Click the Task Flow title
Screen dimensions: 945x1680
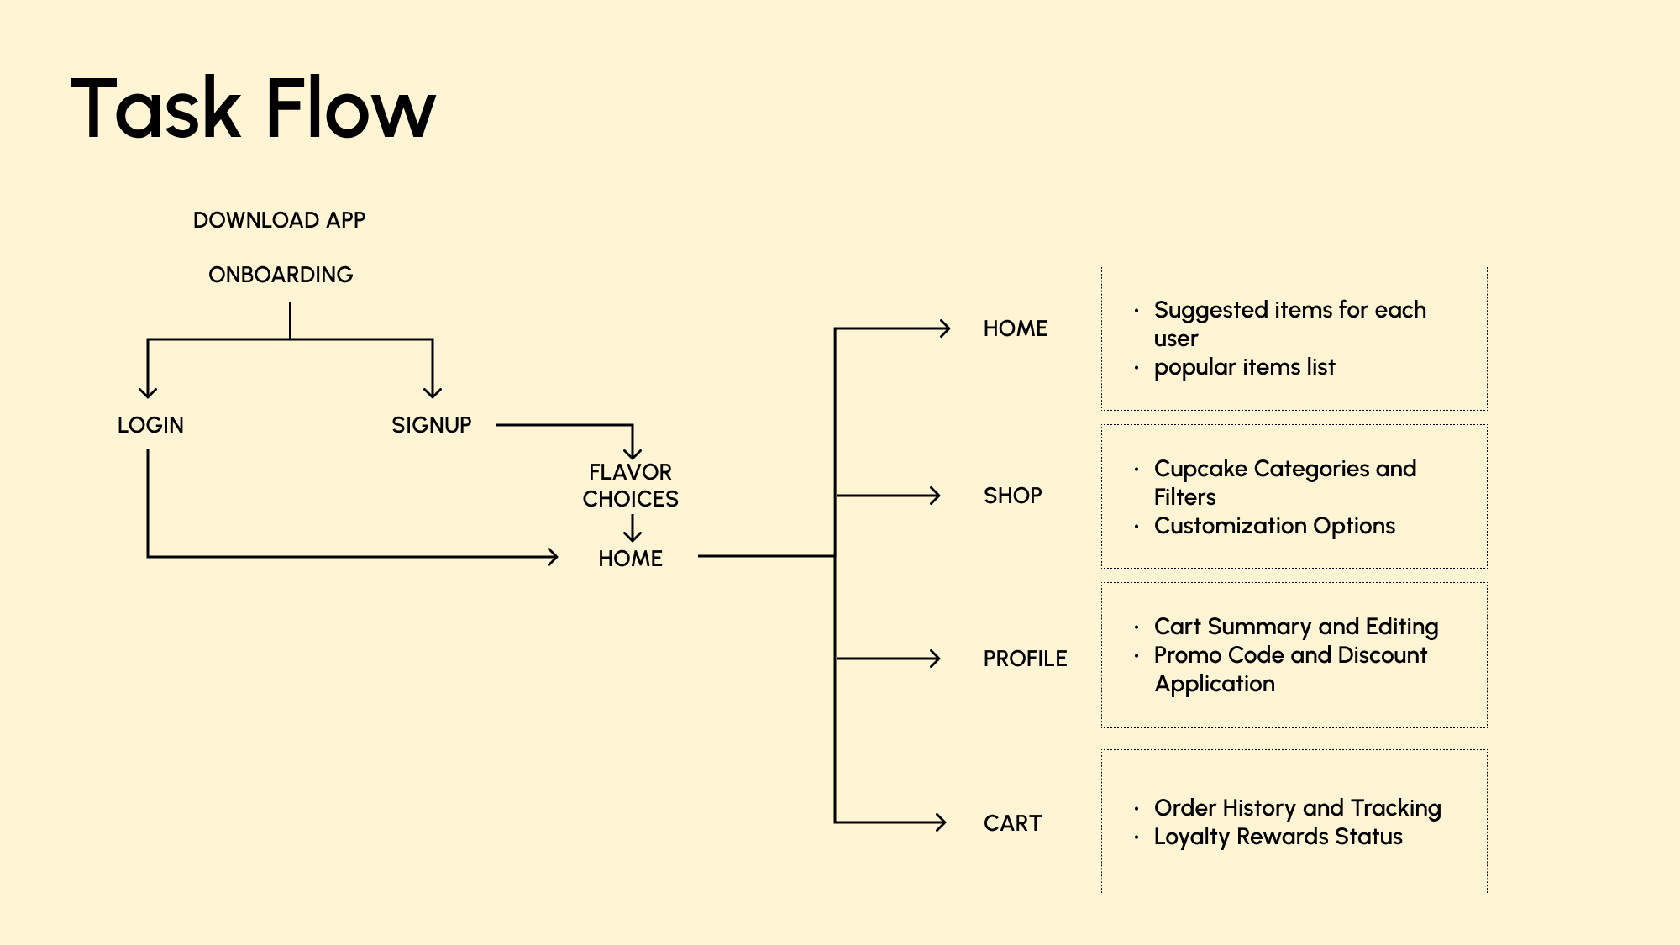[x=253, y=108]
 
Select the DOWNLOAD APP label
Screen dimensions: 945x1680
[x=279, y=220]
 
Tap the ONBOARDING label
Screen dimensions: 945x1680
[x=281, y=275]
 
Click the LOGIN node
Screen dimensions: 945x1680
[x=150, y=425]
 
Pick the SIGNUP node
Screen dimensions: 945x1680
[x=431, y=425]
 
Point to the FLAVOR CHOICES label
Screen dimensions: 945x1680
[x=630, y=486]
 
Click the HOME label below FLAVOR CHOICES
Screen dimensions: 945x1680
[x=630, y=559]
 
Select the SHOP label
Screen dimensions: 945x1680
[x=1012, y=496]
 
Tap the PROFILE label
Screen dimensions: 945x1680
[x=1025, y=659]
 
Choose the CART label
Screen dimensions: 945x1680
[x=1012, y=823]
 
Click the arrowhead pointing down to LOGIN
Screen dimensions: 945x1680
[x=148, y=392]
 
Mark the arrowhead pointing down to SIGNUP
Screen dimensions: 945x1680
[x=433, y=392]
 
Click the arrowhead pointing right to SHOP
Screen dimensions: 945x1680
[x=934, y=496]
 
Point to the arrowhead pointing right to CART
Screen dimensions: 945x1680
[x=941, y=822]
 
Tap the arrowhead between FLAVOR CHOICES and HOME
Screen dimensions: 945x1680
[x=633, y=534]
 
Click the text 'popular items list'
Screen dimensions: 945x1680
[x=1244, y=367]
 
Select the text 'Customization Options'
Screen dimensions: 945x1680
[x=1274, y=526]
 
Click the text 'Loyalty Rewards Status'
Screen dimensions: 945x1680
[x=1278, y=837]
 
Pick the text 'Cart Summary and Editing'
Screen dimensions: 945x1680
[x=1295, y=627]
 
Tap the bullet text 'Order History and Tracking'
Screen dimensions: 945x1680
[x=1297, y=808]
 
